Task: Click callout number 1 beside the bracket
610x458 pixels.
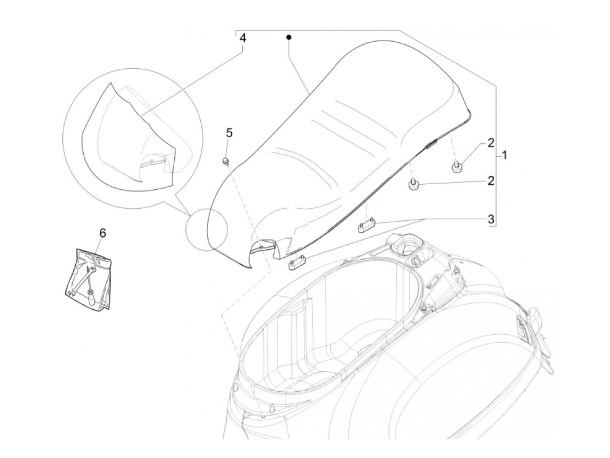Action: [x=504, y=155]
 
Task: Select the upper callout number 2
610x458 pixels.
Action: [x=491, y=142]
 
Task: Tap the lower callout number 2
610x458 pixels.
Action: [x=491, y=181]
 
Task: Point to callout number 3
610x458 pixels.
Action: [x=491, y=219]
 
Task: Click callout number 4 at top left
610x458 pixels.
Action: [x=243, y=38]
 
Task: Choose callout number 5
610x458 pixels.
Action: [x=229, y=132]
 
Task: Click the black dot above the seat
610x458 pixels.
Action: [x=288, y=37]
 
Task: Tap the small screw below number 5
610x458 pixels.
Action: [x=226, y=162]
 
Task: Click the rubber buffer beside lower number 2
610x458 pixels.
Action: [x=413, y=185]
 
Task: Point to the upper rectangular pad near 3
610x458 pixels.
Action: [x=366, y=226]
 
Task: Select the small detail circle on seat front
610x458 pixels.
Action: [x=206, y=229]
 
